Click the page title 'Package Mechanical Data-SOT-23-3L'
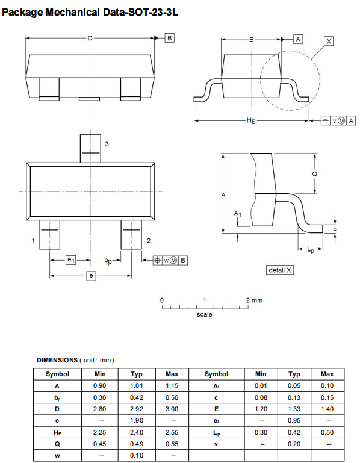coord(90,13)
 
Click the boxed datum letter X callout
coord(328,41)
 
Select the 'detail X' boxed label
coord(280,270)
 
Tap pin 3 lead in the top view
coord(90,148)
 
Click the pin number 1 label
coord(33,241)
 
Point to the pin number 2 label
coord(148,241)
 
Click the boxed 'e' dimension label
coord(91,275)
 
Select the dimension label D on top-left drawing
coord(90,39)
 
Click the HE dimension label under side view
coord(251,121)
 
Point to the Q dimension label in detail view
coord(314,173)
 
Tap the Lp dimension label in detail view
coord(311,249)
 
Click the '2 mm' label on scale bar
coord(255,300)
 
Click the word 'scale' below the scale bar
coord(205,314)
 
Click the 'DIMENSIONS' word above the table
coord(57,360)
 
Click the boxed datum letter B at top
coord(169,39)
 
